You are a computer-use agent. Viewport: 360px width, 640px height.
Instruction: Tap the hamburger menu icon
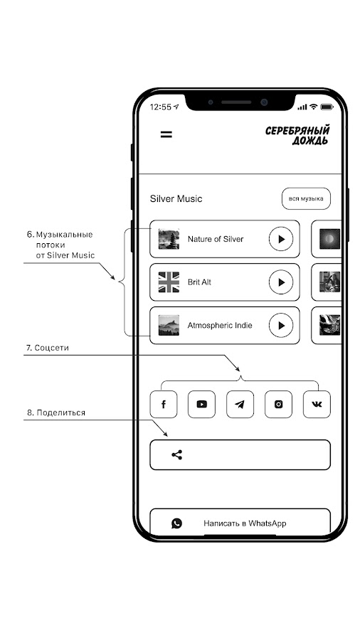coord(166,134)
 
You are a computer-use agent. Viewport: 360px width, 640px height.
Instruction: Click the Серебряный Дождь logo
coord(297,136)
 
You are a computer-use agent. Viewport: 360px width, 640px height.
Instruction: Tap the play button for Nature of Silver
coord(281,239)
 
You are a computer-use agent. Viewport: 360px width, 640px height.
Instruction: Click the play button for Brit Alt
coord(281,282)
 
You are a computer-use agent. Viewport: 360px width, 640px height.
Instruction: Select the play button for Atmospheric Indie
coord(281,325)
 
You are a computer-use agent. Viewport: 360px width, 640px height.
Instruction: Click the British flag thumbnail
coord(169,282)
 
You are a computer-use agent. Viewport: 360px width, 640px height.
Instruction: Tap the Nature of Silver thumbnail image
coord(169,239)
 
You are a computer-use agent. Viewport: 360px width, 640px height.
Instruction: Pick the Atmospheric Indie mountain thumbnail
coord(169,325)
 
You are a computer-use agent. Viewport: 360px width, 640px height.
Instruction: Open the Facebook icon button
coord(164,404)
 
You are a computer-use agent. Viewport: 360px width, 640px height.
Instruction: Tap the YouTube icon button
coord(201,404)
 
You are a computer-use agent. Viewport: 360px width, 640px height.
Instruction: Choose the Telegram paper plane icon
coord(240,404)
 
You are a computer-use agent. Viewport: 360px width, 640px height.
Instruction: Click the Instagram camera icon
coord(278,404)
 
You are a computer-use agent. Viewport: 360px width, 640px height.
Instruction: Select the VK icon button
coord(317,404)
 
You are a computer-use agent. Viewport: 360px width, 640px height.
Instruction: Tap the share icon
coord(176,454)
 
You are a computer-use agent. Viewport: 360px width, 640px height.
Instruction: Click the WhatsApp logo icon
coord(176,523)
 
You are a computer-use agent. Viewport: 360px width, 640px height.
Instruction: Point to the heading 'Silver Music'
coord(176,199)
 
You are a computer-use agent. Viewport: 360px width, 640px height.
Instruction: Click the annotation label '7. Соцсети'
coord(48,348)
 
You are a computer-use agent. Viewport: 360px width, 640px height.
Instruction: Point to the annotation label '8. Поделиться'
coord(56,412)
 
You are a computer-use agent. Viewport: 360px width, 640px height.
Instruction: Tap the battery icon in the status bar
coord(327,107)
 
